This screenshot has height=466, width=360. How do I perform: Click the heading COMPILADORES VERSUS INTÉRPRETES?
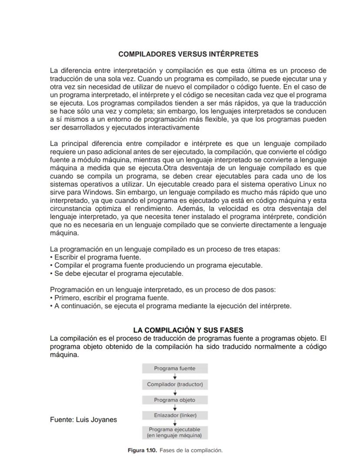[x=188, y=54]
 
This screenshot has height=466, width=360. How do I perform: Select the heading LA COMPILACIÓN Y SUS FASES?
[x=188, y=330]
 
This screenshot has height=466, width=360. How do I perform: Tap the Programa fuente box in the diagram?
[x=175, y=369]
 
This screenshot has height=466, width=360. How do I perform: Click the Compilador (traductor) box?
[x=175, y=385]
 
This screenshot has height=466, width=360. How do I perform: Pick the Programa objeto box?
[x=175, y=400]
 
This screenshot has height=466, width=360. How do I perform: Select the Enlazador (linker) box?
[x=175, y=416]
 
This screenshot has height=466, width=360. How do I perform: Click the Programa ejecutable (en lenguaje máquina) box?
[x=175, y=432]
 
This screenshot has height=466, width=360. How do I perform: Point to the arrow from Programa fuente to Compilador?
[x=175, y=376]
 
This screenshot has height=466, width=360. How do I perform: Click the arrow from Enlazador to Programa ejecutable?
[x=175, y=423]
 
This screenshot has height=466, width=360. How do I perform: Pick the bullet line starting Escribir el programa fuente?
[x=96, y=257]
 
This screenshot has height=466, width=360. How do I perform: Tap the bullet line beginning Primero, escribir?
[x=110, y=298]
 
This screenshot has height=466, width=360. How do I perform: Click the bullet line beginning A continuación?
[x=170, y=306]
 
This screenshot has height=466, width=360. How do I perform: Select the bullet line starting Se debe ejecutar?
[x=117, y=274]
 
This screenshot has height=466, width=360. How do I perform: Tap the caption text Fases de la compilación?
[x=191, y=450]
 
